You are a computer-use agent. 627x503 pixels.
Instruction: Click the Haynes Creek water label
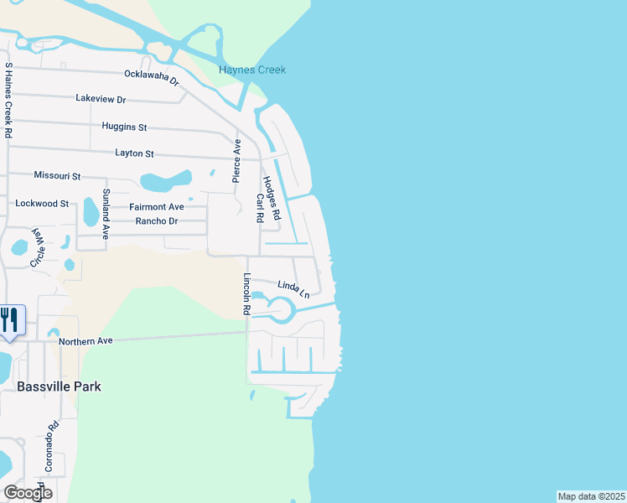[252, 70]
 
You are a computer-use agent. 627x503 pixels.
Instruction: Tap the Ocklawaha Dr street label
[152, 78]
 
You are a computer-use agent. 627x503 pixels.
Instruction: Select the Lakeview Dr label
[101, 99]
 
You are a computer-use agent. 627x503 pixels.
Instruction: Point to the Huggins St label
[124, 127]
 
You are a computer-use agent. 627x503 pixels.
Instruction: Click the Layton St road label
[134, 153]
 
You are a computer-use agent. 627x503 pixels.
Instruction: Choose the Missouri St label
[57, 176]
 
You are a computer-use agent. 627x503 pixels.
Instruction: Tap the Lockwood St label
[42, 204]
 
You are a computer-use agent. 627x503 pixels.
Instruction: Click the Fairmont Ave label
[156, 207]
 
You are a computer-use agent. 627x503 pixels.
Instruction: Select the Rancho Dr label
[157, 221]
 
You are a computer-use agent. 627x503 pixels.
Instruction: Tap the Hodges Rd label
[272, 198]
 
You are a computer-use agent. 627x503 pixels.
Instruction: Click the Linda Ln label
[293, 289]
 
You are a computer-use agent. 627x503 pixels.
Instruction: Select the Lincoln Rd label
[247, 294]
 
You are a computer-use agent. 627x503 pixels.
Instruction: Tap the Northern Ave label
[85, 341]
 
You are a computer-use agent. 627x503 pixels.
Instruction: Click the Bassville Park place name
[59, 386]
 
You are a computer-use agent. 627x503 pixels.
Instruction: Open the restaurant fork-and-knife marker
[10, 320]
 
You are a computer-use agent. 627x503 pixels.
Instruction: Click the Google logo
[28, 493]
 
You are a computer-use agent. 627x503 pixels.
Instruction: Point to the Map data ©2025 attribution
[591, 496]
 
